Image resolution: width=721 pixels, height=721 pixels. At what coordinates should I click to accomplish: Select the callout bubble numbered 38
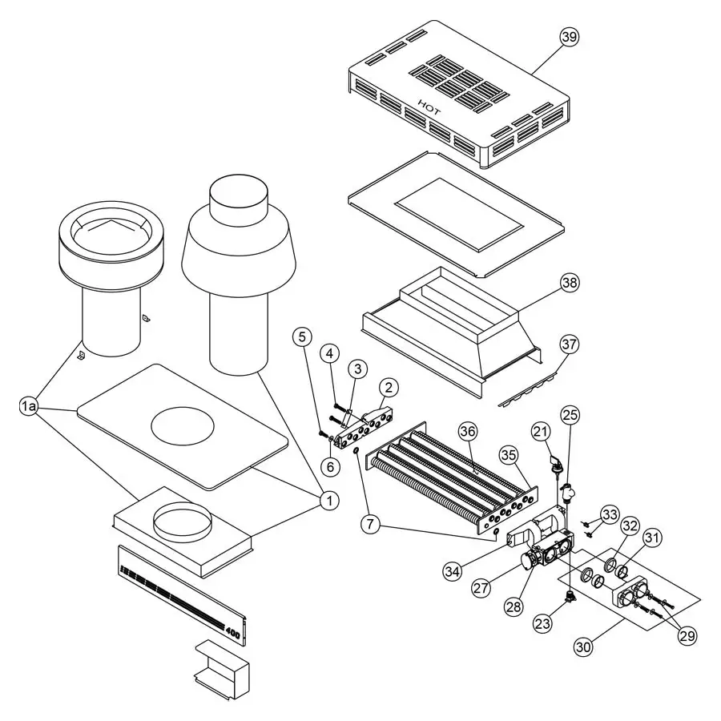coord(570,283)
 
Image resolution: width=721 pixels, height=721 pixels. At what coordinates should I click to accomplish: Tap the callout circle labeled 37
coord(570,344)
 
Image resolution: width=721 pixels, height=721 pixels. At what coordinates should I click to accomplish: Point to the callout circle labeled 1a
coord(29,408)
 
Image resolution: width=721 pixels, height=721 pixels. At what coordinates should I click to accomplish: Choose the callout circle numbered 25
coord(570,415)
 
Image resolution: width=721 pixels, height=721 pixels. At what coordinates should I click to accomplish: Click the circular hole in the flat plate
coord(183,424)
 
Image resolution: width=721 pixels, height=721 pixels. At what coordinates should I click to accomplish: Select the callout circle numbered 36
coord(467,431)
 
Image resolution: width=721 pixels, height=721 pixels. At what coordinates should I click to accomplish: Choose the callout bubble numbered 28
coord(513,606)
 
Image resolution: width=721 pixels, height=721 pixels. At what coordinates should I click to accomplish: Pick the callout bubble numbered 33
coord(610,514)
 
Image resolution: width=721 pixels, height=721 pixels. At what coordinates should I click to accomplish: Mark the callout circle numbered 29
coord(687,635)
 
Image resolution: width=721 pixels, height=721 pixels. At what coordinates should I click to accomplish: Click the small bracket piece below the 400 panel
coord(221,667)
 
